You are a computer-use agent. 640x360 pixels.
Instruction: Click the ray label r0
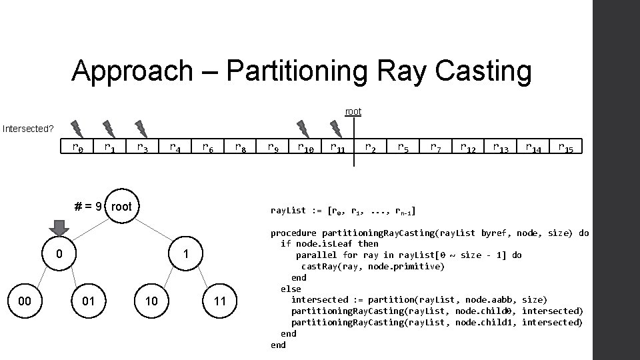point(77,147)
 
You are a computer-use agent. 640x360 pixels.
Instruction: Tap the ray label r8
point(241,147)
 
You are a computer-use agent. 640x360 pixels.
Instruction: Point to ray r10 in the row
point(307,147)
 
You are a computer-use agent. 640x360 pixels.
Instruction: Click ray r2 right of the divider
point(370,147)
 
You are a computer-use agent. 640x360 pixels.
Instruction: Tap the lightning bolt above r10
point(303,127)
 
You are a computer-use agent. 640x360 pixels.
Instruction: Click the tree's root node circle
point(121,207)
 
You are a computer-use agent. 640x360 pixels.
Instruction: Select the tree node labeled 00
point(25,301)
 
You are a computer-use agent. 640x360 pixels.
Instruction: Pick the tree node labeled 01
point(88,301)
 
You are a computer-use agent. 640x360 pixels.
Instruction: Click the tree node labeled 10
point(152,301)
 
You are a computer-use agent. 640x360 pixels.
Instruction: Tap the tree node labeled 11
point(220,301)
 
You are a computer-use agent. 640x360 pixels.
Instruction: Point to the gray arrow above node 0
point(60,227)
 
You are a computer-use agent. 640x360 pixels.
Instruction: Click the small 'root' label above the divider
point(353,111)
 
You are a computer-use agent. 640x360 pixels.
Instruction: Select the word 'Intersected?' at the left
point(28,128)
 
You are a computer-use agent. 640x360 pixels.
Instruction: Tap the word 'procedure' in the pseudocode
point(293,233)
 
